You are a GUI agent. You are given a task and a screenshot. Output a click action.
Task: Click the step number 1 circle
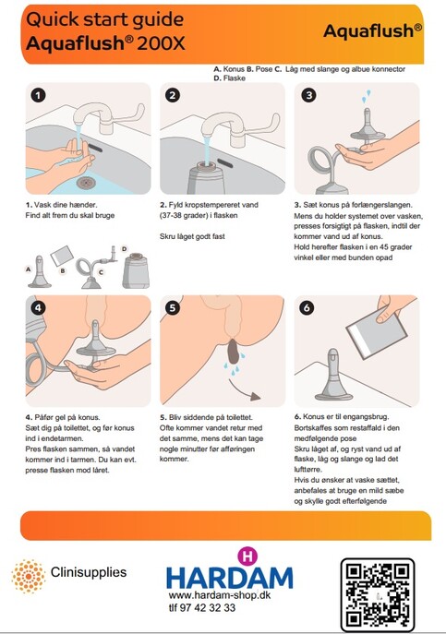tap(38, 95)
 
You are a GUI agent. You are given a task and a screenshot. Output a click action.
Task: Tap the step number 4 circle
tap(38, 307)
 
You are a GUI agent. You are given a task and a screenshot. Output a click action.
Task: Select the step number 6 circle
tap(307, 307)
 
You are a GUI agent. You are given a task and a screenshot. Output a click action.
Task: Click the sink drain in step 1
tap(86, 183)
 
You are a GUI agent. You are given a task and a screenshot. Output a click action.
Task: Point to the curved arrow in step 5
tap(243, 391)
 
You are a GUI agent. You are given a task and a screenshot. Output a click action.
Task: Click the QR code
tap(378, 594)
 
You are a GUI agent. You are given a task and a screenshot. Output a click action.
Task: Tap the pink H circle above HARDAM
tap(247, 556)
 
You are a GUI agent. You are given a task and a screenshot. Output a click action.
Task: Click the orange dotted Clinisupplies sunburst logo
tap(29, 576)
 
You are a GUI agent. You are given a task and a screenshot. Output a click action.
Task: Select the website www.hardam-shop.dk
tap(220, 595)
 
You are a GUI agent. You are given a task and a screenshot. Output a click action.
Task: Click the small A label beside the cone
tap(28, 269)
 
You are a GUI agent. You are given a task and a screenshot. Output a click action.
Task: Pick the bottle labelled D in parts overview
tap(136, 270)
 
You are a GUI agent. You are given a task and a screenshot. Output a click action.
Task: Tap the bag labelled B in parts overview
tap(62, 256)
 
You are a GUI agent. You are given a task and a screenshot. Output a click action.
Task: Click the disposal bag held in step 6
tap(377, 331)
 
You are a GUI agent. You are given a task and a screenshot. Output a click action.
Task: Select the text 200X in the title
tap(161, 42)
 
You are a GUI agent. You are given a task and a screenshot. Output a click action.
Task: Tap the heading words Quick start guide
tap(105, 19)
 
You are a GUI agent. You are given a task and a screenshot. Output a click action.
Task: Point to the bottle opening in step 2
tap(209, 164)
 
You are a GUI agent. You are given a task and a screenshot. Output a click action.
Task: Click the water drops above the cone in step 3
tap(367, 96)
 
